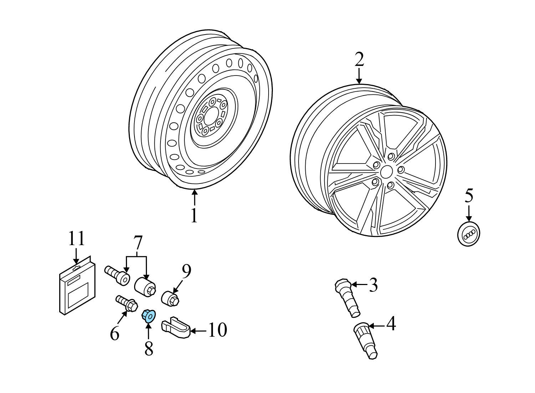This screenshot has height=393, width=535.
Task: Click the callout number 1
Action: click(x=194, y=215)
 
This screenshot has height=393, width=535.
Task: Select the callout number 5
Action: click(x=469, y=196)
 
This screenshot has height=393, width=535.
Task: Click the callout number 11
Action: click(x=76, y=239)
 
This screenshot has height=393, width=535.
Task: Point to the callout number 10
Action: click(x=217, y=330)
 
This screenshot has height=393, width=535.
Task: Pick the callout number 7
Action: click(x=138, y=243)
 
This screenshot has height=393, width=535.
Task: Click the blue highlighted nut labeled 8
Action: click(x=148, y=316)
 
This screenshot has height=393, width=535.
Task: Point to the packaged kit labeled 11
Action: click(x=77, y=288)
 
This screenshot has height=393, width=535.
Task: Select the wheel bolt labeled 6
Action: click(x=127, y=303)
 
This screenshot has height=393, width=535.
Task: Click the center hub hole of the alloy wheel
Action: click(x=386, y=172)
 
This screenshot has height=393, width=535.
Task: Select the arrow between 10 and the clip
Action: click(x=198, y=331)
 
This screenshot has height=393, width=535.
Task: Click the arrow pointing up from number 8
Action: click(x=148, y=331)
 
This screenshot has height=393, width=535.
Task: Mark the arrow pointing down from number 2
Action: click(x=359, y=76)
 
